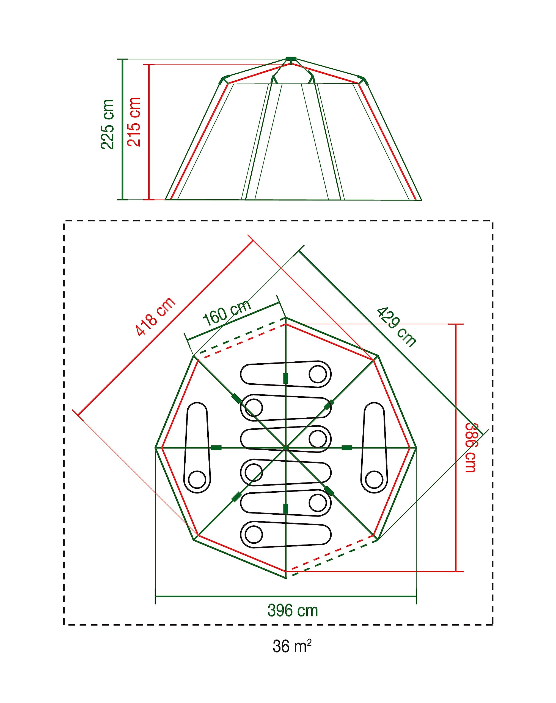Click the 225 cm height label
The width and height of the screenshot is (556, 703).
[x=108, y=124]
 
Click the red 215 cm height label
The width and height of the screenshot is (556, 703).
[x=134, y=122]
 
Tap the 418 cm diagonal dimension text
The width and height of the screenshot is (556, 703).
[x=156, y=317]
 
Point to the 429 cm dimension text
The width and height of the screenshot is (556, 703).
[x=396, y=327]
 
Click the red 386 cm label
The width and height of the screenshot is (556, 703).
[x=471, y=448]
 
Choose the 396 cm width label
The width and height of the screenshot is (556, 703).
[x=293, y=610]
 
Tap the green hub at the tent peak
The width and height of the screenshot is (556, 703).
[x=291, y=59]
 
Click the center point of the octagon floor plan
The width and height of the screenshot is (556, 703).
[x=286, y=448]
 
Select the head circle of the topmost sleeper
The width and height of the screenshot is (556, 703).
[x=318, y=374]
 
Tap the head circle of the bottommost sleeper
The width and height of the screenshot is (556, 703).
[x=254, y=534]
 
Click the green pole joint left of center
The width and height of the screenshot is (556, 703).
[x=216, y=448]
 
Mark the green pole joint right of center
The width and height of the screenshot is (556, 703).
[x=347, y=448]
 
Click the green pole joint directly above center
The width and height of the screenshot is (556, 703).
[x=286, y=378]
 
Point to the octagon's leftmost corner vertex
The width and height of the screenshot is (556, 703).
[x=155, y=448]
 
